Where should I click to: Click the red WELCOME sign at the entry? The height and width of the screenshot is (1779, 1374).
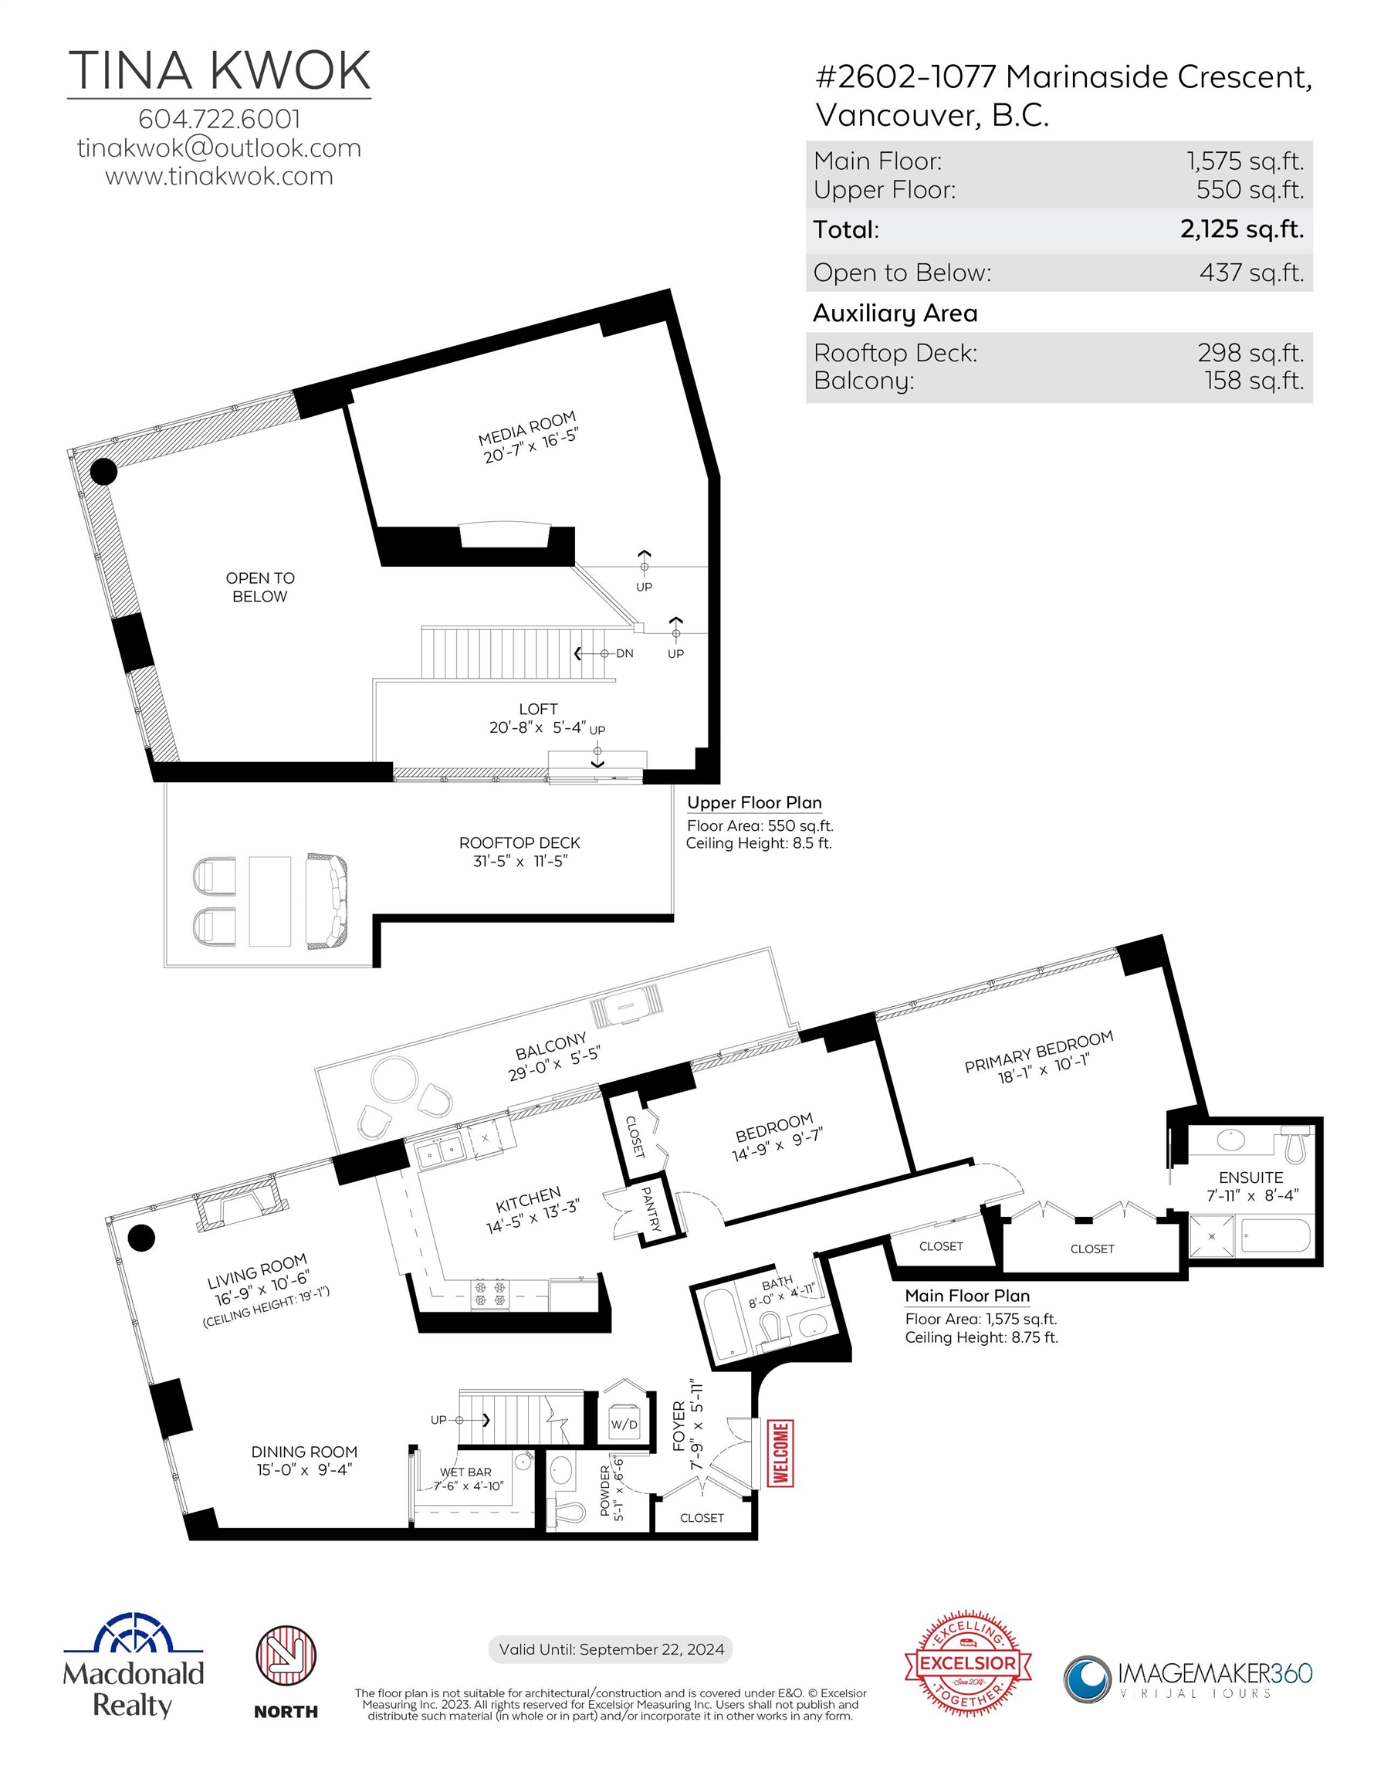coord(780,1452)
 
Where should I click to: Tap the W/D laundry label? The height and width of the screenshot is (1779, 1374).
coord(624,1425)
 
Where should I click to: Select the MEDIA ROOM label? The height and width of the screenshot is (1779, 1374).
coord(527,428)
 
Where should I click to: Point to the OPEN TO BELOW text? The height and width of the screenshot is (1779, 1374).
coord(260,587)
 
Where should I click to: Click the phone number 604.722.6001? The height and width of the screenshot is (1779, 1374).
coord(219,119)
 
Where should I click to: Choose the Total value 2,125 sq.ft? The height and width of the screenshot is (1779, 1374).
coord(1242,229)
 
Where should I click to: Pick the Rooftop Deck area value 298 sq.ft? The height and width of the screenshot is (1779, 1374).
coord(1250,353)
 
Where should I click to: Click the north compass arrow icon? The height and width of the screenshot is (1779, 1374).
coord(286,1655)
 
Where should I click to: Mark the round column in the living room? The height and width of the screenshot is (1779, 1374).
coord(142,1237)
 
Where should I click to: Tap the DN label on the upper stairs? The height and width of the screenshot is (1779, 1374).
coord(624,653)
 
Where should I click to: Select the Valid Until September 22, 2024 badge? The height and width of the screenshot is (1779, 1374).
coord(611,1649)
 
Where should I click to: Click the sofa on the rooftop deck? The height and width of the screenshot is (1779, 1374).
coord(327,900)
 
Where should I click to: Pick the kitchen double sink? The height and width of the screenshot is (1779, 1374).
coord(440,1151)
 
